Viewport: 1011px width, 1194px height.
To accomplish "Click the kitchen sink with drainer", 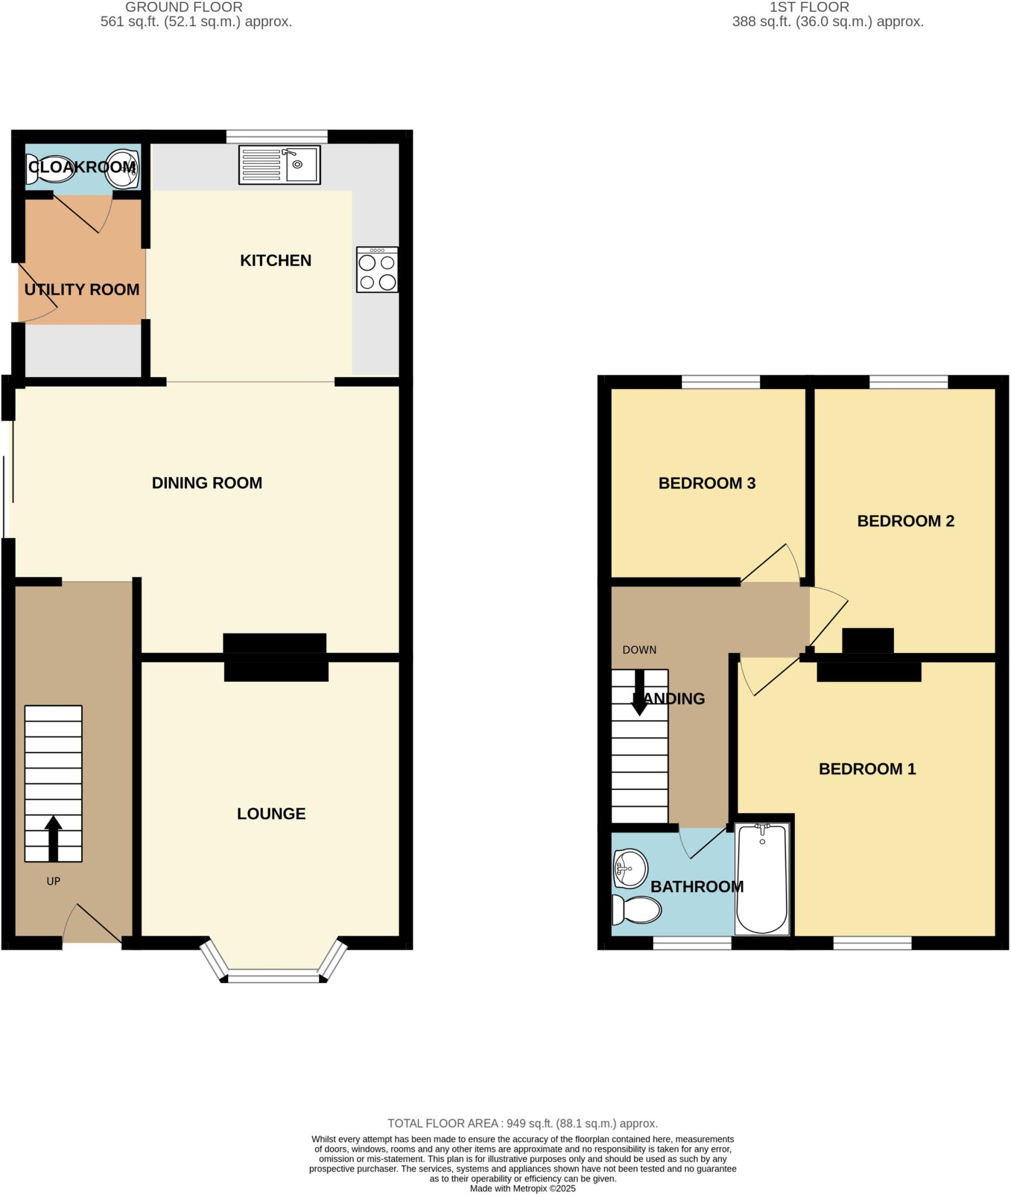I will click(279, 165).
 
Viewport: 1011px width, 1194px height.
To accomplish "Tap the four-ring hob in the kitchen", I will click(377, 269).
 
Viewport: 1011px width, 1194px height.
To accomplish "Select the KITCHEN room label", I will click(276, 261).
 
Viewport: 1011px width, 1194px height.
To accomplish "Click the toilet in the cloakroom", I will click(46, 168).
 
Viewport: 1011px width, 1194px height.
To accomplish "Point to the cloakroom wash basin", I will click(123, 168).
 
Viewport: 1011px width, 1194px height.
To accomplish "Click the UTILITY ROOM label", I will click(82, 290).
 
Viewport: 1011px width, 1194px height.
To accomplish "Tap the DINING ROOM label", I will click(207, 483).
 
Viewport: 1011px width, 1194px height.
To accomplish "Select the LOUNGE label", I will click(271, 814).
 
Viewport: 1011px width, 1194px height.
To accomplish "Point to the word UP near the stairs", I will click(53, 882).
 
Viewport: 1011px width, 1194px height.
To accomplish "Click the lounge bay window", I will click(273, 974).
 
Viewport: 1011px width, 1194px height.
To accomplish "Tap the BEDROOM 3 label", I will click(707, 483).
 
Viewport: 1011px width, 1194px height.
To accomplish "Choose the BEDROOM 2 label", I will click(905, 521).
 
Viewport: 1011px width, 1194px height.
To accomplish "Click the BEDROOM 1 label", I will click(867, 769).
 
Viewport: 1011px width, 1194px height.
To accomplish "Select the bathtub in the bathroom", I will click(762, 879).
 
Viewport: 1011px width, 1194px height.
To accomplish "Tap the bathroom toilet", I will click(637, 910).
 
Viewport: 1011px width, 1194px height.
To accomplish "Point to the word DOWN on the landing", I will click(639, 650).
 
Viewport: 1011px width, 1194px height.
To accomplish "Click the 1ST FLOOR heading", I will click(809, 7).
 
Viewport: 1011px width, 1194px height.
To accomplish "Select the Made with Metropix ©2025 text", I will click(522, 1188).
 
